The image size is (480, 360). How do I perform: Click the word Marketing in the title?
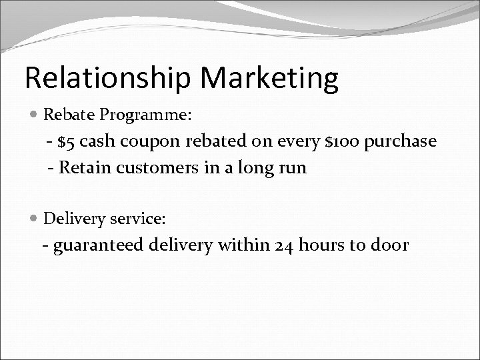point(269,78)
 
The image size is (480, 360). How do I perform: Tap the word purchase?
point(404,143)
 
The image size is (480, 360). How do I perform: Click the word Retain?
point(82,167)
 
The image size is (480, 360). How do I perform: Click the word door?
point(389,245)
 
